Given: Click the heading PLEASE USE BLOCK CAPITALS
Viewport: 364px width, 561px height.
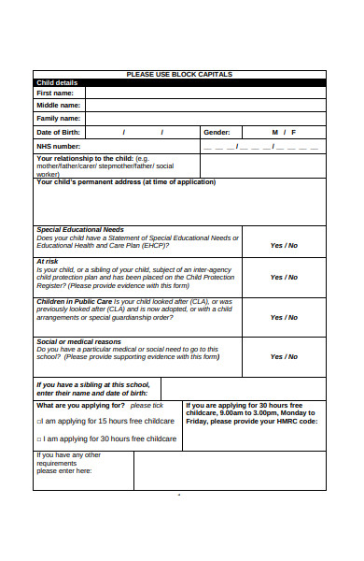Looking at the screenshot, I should pyautogui.click(x=179, y=74).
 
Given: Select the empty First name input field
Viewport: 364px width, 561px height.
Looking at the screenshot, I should pyautogui.click(x=204, y=93).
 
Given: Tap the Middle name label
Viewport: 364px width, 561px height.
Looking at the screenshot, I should pyautogui.click(x=58, y=106).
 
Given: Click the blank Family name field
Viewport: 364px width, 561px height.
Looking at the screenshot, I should pyautogui.click(x=204, y=119).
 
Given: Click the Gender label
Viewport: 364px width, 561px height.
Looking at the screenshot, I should pyautogui.click(x=217, y=133).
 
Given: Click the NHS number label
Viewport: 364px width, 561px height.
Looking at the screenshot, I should pyautogui.click(x=58, y=146).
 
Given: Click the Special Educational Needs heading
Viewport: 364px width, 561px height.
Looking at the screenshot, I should pyautogui.click(x=79, y=229).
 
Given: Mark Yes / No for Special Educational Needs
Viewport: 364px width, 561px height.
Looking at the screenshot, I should pyautogui.click(x=284, y=245).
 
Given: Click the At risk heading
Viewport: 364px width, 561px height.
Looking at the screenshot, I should pyautogui.click(x=48, y=262).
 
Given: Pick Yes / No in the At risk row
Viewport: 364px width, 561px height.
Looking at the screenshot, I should pyautogui.click(x=284, y=277).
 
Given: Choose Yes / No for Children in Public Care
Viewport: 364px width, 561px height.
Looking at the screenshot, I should pyautogui.click(x=284, y=317).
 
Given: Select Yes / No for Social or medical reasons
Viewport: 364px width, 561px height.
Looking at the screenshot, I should pyautogui.click(x=284, y=356).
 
